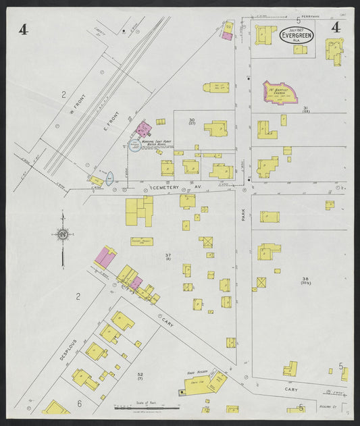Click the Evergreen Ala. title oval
tap(297, 35)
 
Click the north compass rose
tap(62, 235)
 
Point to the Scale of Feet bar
tap(142, 408)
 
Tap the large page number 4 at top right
tap(335, 27)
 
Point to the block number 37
tap(168, 255)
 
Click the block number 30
tap(192, 119)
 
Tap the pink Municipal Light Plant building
tap(143, 129)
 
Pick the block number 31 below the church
tap(305, 108)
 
